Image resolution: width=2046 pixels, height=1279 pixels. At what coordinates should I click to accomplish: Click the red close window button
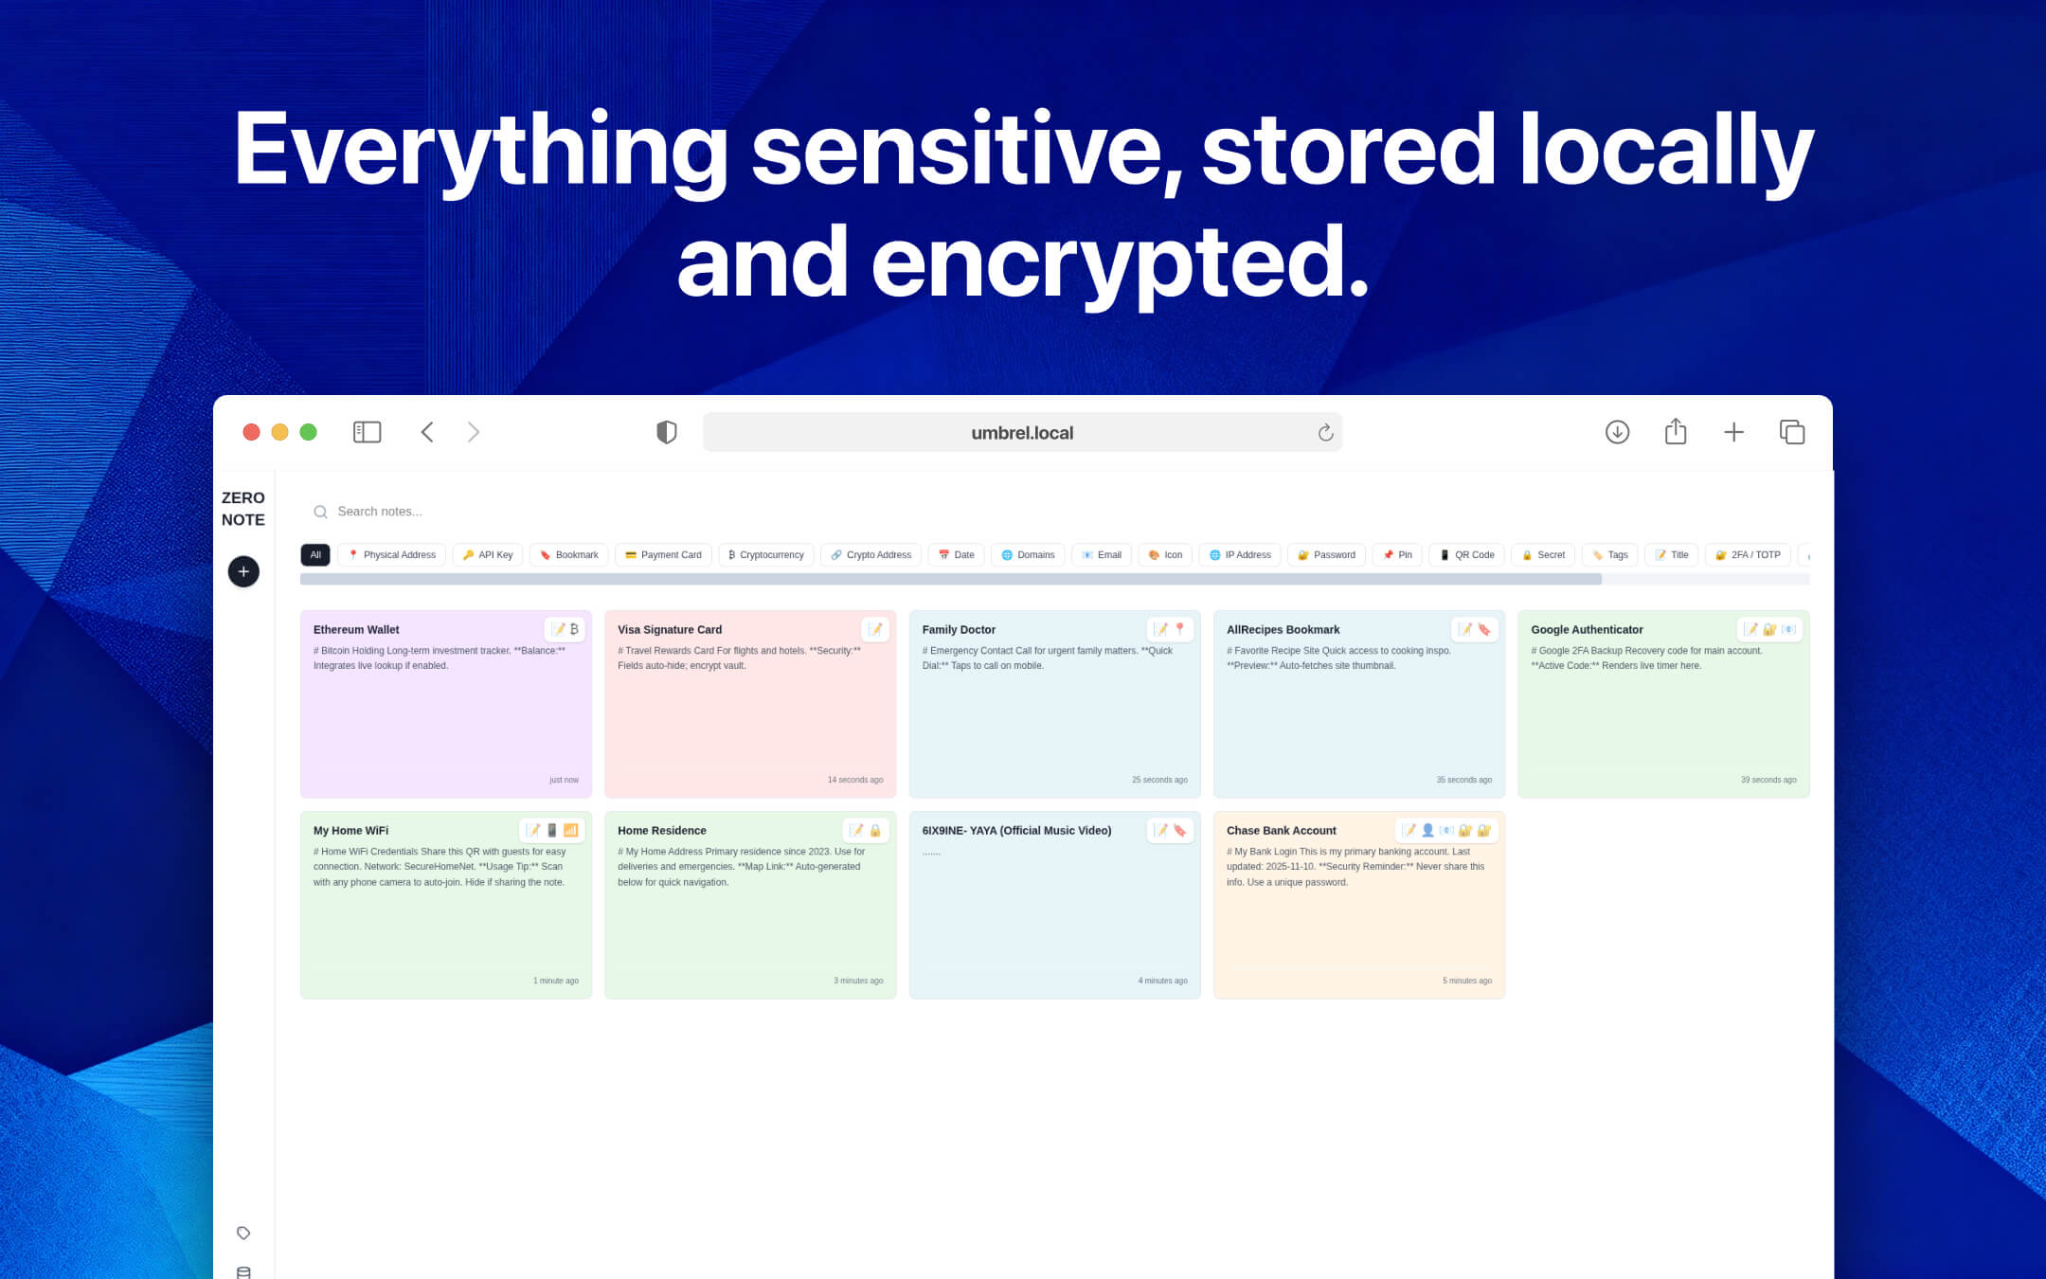click(x=251, y=432)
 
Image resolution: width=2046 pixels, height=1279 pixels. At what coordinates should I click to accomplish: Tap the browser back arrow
click(x=427, y=432)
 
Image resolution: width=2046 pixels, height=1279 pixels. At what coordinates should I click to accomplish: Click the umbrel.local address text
click(x=1022, y=433)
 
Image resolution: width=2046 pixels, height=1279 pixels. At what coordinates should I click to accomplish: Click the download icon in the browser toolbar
click(x=1617, y=432)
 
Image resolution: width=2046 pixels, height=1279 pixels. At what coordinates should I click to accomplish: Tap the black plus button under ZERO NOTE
click(x=243, y=571)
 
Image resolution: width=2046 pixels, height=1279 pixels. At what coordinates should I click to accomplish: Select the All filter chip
click(x=315, y=555)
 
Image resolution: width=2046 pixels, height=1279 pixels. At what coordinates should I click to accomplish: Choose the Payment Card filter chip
click(x=663, y=555)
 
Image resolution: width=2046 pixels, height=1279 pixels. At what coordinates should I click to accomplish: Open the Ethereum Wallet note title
click(x=356, y=630)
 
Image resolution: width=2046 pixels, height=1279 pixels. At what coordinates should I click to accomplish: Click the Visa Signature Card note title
click(x=670, y=630)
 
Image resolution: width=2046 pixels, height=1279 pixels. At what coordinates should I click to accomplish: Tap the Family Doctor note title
click(x=959, y=630)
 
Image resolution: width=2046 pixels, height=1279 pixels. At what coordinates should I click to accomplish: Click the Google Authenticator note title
click(x=1587, y=630)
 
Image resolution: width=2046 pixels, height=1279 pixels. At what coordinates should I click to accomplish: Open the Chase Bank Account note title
click(x=1281, y=831)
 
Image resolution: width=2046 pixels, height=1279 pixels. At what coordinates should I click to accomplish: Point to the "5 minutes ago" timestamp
click(x=1466, y=981)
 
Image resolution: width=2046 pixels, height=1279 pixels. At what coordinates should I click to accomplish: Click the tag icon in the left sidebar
click(x=243, y=1233)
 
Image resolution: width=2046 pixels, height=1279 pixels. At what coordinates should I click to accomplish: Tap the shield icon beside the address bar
click(x=667, y=432)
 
